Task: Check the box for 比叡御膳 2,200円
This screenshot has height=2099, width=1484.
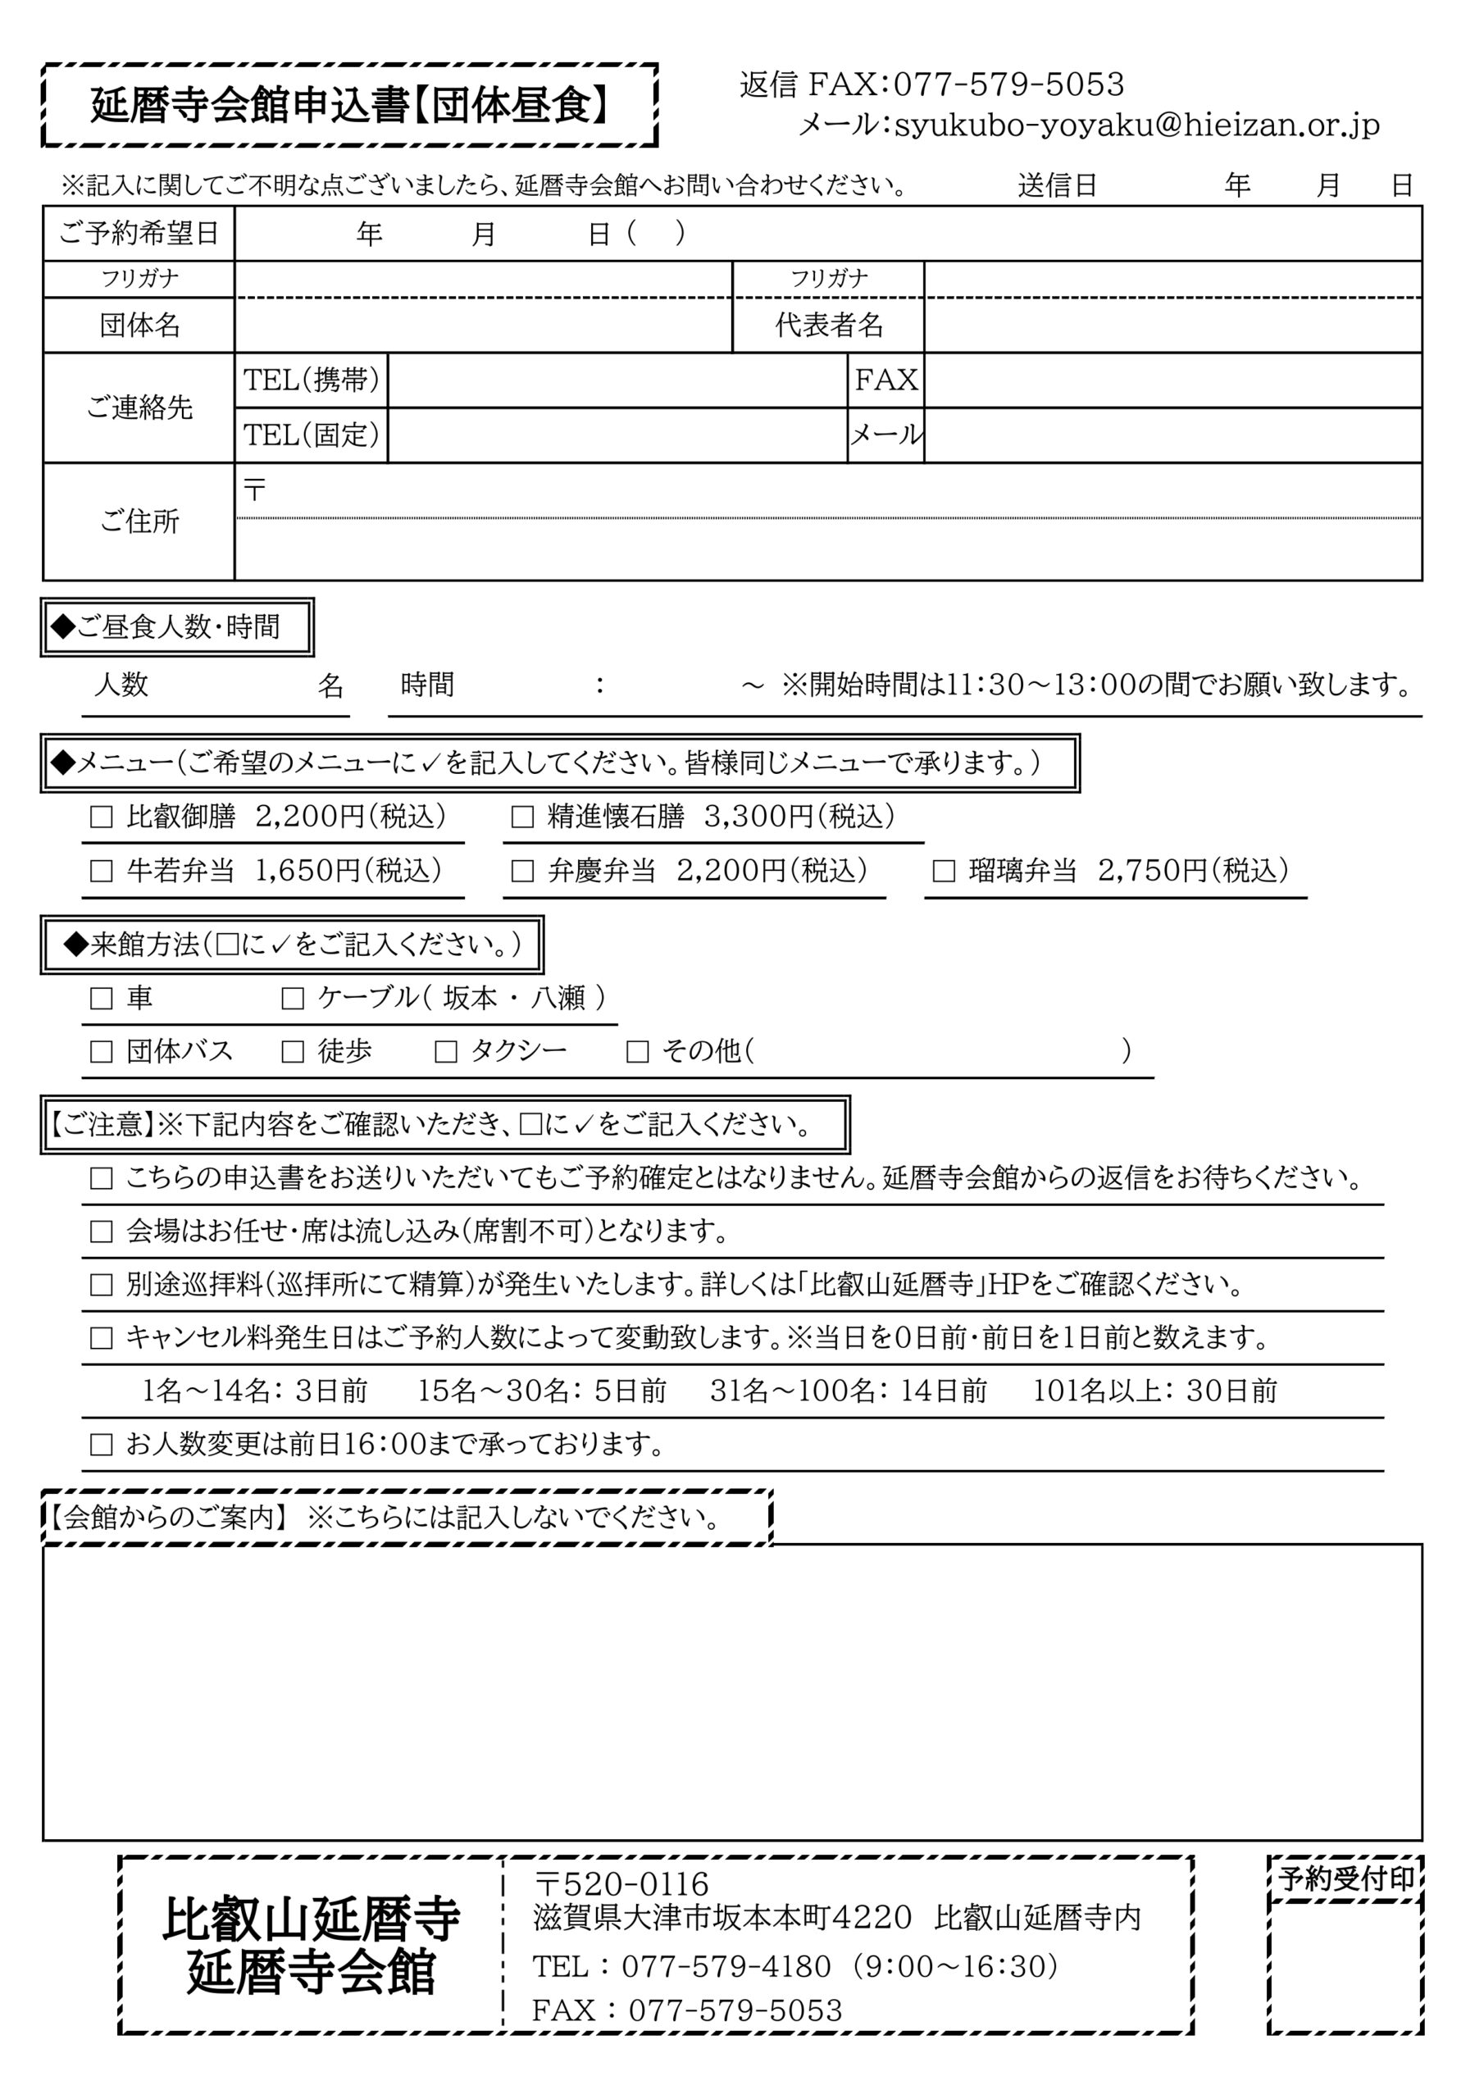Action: point(101,817)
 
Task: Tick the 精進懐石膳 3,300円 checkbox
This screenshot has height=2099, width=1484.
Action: point(522,817)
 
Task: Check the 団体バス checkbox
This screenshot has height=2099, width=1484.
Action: point(101,1051)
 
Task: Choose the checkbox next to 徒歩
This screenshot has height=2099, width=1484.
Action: point(293,1051)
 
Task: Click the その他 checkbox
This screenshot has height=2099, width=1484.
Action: point(637,1051)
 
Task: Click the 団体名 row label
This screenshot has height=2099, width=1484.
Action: point(139,325)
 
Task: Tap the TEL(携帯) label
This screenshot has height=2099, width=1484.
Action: point(311,380)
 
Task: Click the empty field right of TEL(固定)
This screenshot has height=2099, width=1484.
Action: point(617,435)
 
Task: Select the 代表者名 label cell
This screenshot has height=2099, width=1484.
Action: point(828,325)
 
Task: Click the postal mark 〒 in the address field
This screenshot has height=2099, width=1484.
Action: point(254,490)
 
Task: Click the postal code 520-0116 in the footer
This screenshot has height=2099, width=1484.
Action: point(635,1883)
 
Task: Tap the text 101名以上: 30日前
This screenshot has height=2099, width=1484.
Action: point(1154,1391)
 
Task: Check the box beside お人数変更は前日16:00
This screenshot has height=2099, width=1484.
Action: point(101,1445)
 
